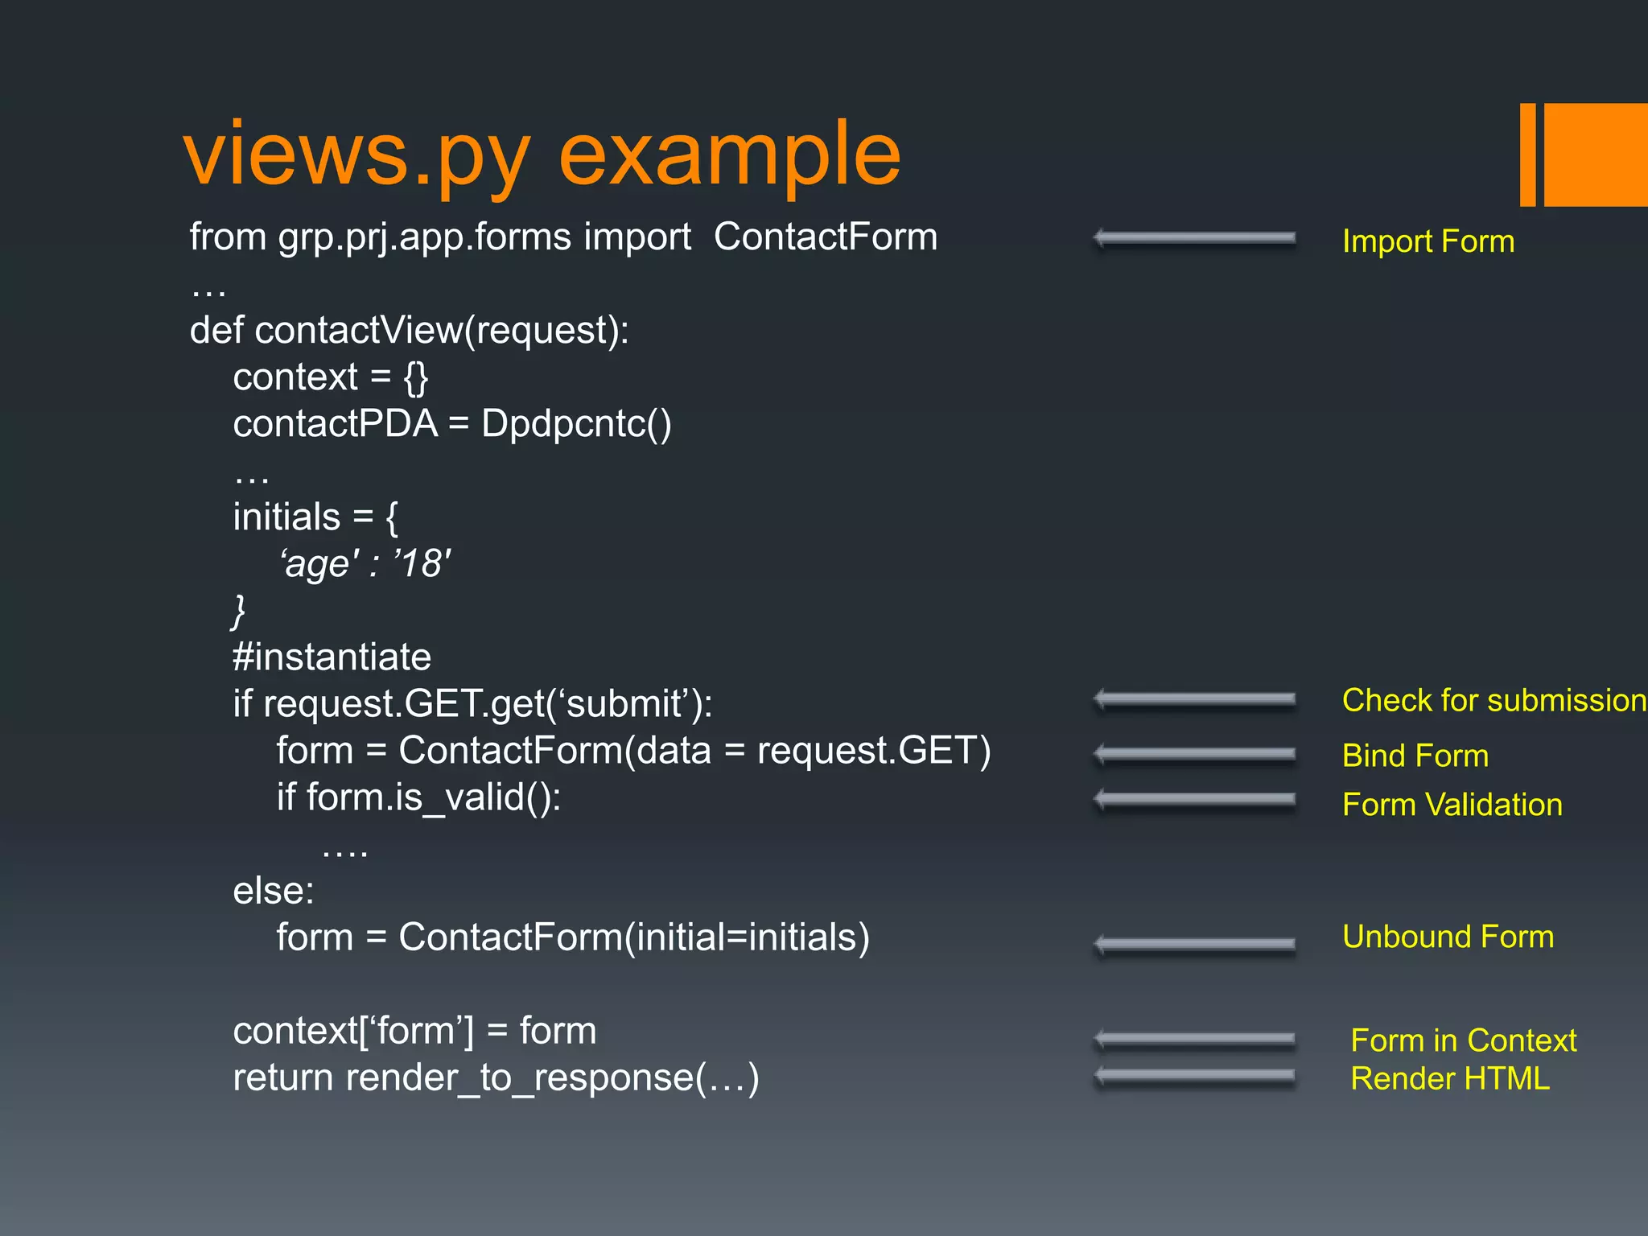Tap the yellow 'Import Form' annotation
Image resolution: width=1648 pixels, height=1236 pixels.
click(1428, 241)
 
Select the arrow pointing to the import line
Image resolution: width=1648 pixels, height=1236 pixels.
click(1195, 238)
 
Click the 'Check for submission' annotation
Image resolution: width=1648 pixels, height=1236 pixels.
click(1493, 700)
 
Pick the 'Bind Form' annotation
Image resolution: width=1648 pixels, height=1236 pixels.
click(1415, 756)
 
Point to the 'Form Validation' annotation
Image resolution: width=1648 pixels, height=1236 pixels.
click(1452, 805)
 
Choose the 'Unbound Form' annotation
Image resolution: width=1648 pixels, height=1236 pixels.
click(1448, 937)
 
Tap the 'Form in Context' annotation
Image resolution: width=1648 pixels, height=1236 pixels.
click(1463, 1040)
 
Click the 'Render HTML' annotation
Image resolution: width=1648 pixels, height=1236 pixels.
click(1449, 1078)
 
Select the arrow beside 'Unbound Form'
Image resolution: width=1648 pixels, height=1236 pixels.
click(1195, 943)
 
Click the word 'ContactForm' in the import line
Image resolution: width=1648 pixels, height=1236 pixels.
click(825, 237)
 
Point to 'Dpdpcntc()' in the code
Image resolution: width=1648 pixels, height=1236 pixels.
click(576, 424)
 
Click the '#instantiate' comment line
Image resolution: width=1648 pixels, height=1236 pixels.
click(332, 657)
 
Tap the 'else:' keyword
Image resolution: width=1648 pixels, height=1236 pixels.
click(274, 891)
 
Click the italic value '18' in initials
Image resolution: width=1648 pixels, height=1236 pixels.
click(422, 563)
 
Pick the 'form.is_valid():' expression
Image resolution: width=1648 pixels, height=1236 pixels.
click(433, 797)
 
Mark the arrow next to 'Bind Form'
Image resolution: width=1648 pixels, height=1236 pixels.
click(1195, 754)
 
